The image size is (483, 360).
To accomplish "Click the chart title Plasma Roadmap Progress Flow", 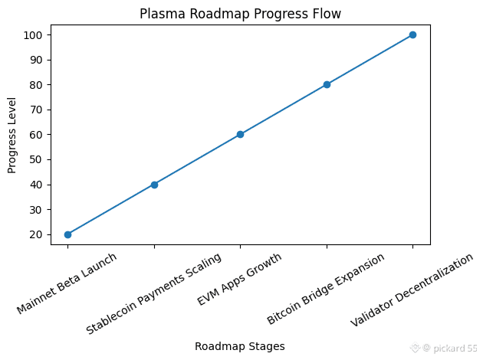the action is pyautogui.click(x=240, y=14).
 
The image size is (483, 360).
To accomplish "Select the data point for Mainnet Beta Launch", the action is pyautogui.click(x=67, y=234).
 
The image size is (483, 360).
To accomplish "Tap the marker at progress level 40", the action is pyautogui.click(x=154, y=185).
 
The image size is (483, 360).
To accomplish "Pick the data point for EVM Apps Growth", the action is pyautogui.click(x=240, y=134).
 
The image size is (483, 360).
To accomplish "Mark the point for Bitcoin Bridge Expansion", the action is pyautogui.click(x=327, y=84).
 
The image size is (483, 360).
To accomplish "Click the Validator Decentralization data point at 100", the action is pyautogui.click(x=412, y=34).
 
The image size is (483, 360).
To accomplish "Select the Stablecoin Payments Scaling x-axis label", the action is pyautogui.click(x=153, y=293).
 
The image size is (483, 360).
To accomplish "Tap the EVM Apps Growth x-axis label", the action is pyautogui.click(x=239, y=280).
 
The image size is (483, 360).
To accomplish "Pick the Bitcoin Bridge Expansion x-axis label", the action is pyautogui.click(x=326, y=289).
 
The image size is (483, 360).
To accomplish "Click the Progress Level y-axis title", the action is pyautogui.click(x=12, y=135).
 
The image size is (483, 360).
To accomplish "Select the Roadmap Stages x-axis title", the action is pyautogui.click(x=240, y=346).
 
